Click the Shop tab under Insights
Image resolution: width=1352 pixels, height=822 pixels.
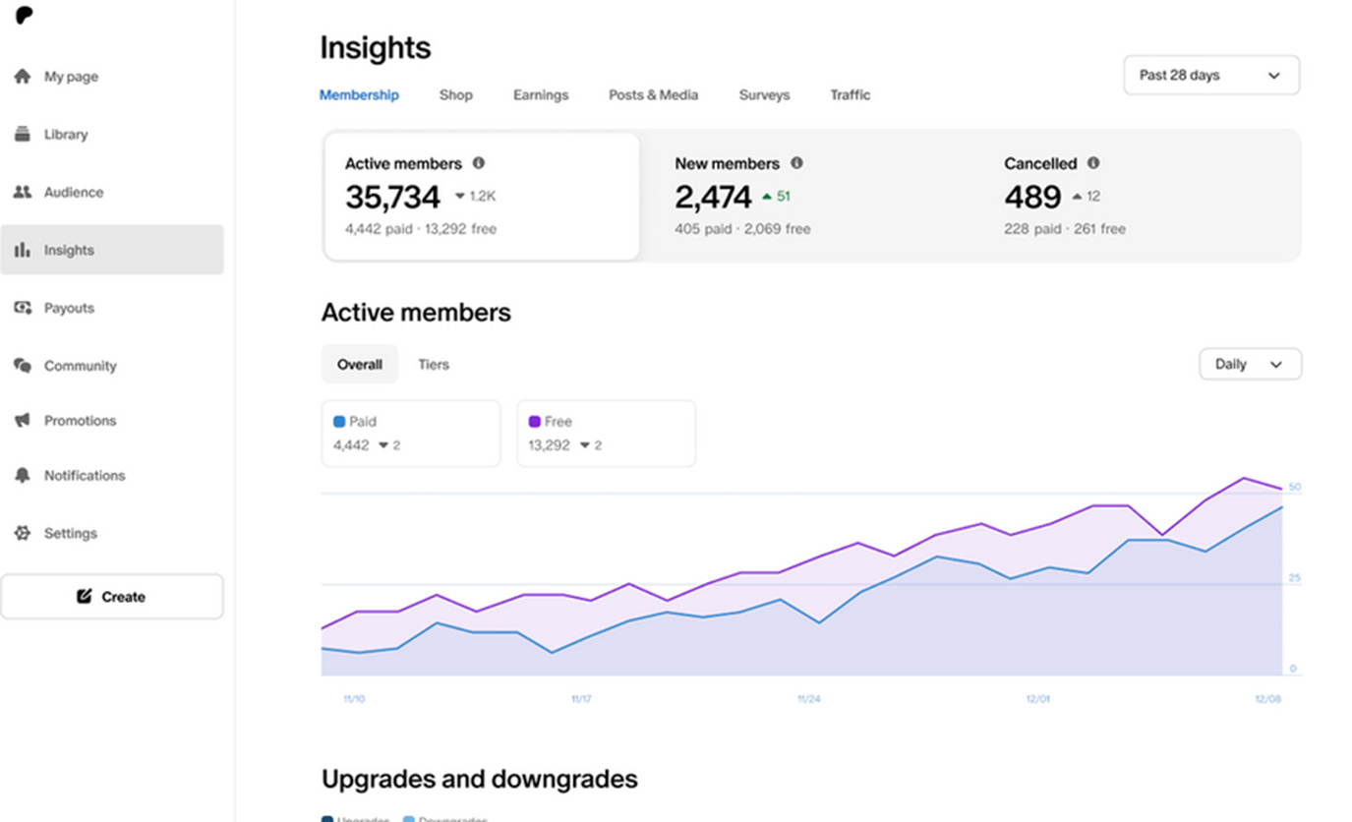coord(455,95)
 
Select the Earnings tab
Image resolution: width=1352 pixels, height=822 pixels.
coord(541,95)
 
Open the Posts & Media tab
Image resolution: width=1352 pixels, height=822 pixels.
coord(653,95)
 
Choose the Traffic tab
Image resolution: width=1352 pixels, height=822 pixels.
coord(850,95)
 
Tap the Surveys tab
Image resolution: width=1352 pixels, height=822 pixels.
coord(764,95)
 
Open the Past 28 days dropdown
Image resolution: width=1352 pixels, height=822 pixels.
coord(1210,76)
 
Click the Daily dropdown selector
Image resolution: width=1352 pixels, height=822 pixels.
coord(1250,365)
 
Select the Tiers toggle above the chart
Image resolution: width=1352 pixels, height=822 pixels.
coord(433,365)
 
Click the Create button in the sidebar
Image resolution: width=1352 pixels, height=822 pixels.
coord(112,597)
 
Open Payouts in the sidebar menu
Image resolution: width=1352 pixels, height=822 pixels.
coord(69,308)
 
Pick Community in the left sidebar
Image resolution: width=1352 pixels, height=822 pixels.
coord(80,366)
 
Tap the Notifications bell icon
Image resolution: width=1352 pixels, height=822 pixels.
coord(23,476)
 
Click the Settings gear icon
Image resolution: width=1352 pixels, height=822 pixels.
coord(23,533)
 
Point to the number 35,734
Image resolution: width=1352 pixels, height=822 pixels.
coord(392,198)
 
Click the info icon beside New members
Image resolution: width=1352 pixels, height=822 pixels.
coord(796,163)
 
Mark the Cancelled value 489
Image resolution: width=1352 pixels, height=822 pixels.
coord(1032,198)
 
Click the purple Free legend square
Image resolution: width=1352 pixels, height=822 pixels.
coord(535,422)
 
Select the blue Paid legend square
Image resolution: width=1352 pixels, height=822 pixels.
coord(339,422)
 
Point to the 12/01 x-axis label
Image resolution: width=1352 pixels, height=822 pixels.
coord(1037,699)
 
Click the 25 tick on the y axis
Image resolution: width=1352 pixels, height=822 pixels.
coord(1294,578)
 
